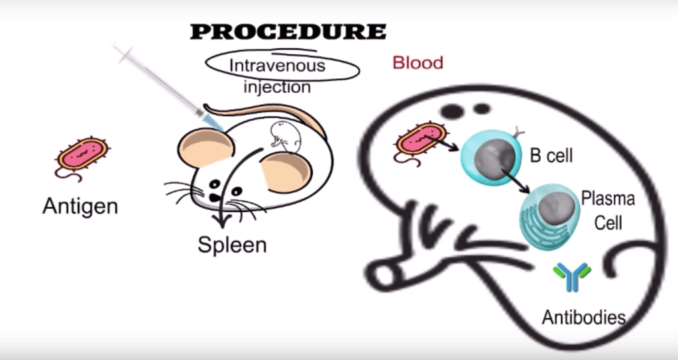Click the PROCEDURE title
(x=288, y=31)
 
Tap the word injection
(x=277, y=87)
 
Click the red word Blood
(x=418, y=63)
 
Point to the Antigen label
(x=80, y=206)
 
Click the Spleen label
(x=232, y=245)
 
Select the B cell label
(x=551, y=156)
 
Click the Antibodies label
(x=583, y=317)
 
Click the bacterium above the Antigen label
(x=81, y=154)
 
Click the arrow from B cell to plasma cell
(x=510, y=177)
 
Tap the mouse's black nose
(x=216, y=197)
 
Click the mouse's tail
(x=265, y=110)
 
